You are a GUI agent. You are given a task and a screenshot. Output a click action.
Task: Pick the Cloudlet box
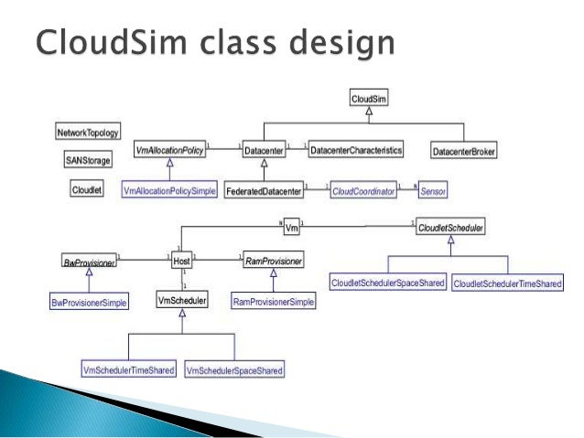click(x=87, y=189)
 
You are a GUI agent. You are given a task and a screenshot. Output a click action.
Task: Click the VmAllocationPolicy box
click(x=169, y=148)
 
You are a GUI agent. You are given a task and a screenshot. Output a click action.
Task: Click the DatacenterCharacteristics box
click(x=355, y=148)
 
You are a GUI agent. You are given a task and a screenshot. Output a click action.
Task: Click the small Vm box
click(x=292, y=225)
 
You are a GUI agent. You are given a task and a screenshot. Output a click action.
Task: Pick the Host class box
click(x=181, y=262)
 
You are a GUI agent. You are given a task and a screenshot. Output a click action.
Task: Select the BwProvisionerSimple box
click(x=90, y=301)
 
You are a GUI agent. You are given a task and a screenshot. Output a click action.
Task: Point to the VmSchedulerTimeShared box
click(x=128, y=369)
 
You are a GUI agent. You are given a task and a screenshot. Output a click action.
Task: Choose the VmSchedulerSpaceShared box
click(x=233, y=369)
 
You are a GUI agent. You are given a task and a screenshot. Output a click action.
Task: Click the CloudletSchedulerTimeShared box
click(x=507, y=284)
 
